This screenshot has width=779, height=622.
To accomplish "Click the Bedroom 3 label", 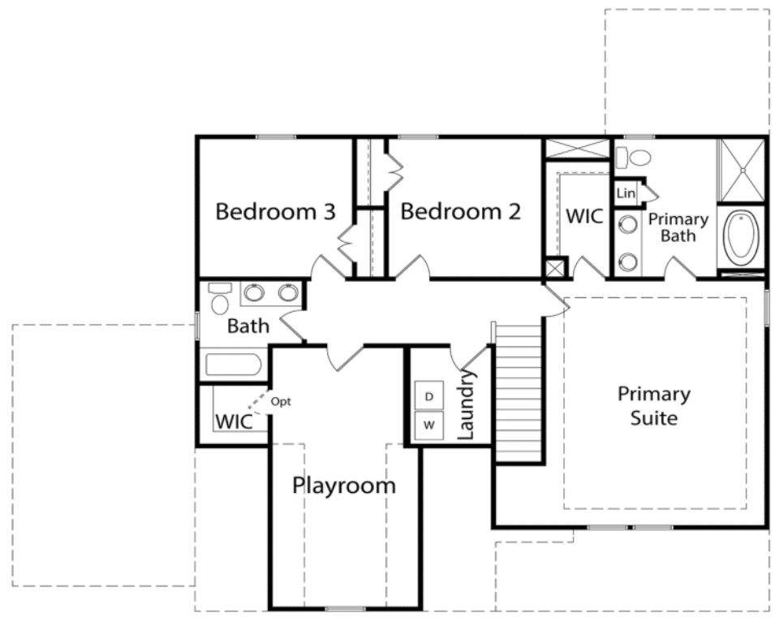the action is pos(276,212).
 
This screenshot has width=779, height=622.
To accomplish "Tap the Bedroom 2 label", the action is pos(461,212).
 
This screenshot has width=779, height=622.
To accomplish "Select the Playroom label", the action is pos(344,486).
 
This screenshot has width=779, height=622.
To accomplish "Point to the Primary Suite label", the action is pos(654,406).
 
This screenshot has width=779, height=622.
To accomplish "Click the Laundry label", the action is pos(467,405).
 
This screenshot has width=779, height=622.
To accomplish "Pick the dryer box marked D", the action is pos(429,395).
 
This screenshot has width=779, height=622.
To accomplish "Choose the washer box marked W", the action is pos(429,425).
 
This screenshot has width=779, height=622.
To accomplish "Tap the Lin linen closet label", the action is pos(626,192).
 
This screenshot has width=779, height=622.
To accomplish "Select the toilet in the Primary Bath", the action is pos(633,158).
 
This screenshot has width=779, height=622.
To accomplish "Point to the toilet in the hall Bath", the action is pos(220,298).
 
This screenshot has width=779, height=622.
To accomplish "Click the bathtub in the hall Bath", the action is pos(233,365).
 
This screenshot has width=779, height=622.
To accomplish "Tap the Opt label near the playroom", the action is pos(281,402).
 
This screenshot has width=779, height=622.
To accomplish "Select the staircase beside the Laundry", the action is pos(518,393).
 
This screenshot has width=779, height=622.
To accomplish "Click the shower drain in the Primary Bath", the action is pos(743,171).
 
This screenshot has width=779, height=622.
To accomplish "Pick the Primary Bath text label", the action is pos(678,227).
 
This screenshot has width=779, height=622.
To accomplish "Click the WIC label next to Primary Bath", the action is pos(584,216).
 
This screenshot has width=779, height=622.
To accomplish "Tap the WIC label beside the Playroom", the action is pos(234,422).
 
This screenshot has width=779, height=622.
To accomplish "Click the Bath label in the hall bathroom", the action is pos(248,326).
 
